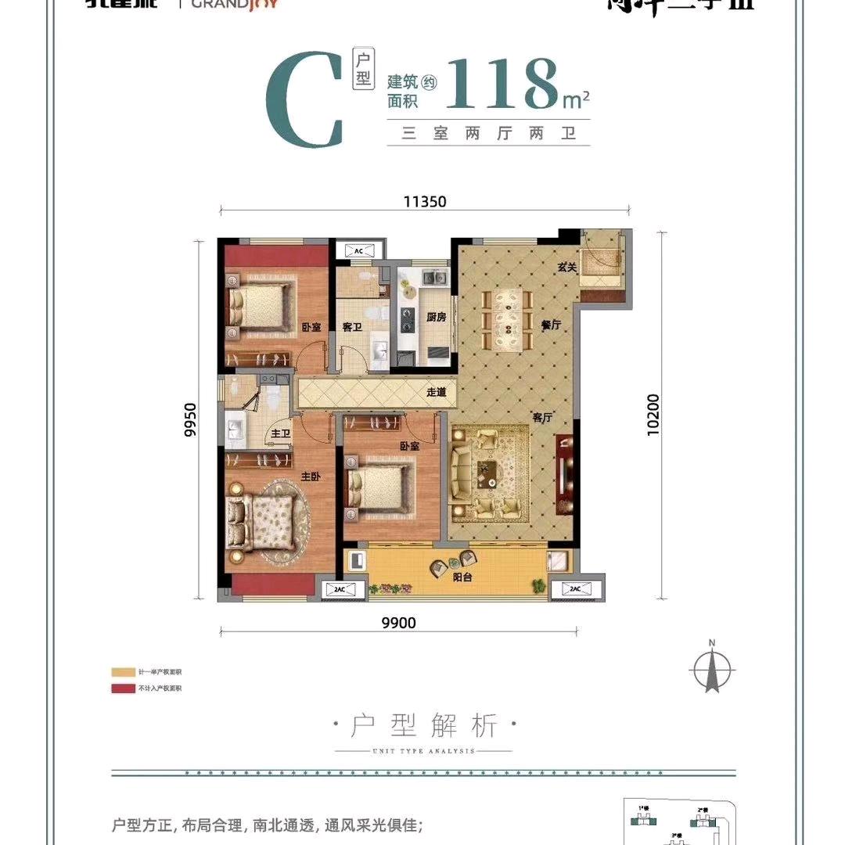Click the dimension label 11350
click(x=425, y=201)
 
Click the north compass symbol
click(x=712, y=669)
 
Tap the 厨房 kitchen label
click(x=436, y=318)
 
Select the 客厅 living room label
click(x=542, y=418)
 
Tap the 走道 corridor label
click(x=436, y=392)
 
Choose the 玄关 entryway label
click(x=566, y=268)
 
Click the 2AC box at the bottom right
click(x=576, y=588)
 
